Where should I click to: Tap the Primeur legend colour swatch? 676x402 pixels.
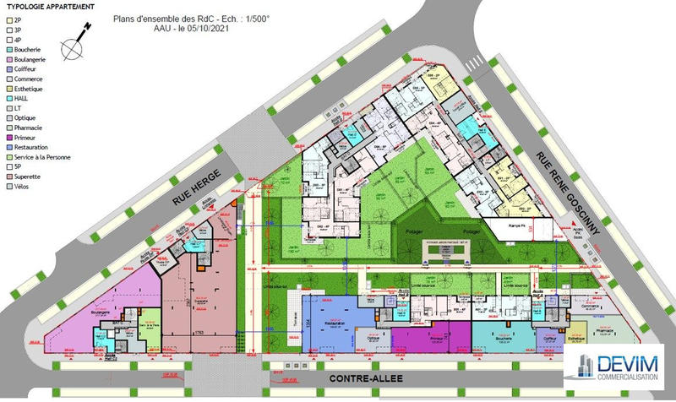[x=8, y=138]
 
